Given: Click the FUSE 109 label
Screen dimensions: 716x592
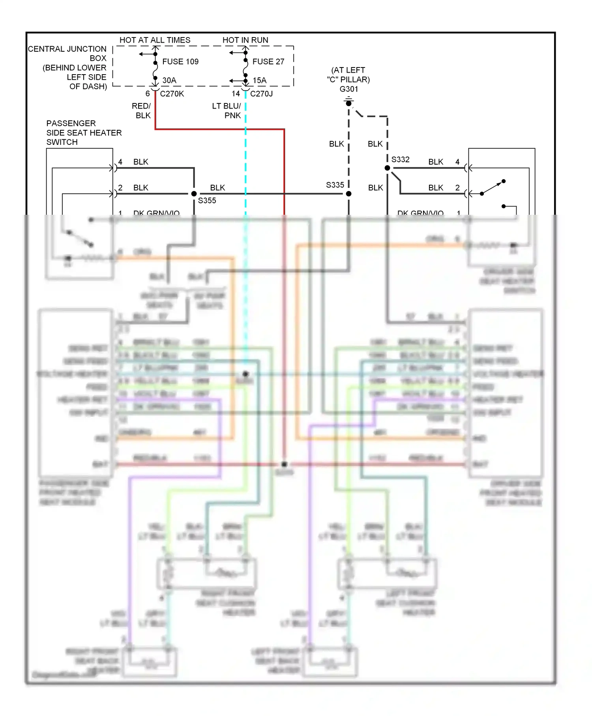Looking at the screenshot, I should pos(180,62).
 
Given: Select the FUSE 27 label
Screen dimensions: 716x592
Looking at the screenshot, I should pos(268,62).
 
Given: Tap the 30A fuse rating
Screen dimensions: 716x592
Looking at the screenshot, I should pos(169,81).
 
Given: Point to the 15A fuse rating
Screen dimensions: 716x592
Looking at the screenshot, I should pos(260,81).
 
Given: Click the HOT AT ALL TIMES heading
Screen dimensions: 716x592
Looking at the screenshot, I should pos(155,40).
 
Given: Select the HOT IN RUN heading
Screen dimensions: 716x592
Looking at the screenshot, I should pos(245,40).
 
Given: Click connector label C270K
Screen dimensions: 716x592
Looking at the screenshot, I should pos(172,94).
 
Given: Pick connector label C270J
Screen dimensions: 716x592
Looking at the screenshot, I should pos(262,94).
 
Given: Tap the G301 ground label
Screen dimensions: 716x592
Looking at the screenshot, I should pos(348,89).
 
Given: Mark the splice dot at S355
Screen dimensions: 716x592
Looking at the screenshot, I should pos(194,194).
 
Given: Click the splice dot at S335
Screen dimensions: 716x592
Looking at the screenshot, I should pos(348,194).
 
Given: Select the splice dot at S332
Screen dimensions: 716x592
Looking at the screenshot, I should pos(387,168).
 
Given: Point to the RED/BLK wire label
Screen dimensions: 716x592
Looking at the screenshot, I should pos(141,111).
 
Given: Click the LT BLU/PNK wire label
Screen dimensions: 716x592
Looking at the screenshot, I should pos(227,111).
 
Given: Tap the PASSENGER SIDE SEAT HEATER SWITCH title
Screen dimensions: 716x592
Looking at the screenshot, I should pos(84,133).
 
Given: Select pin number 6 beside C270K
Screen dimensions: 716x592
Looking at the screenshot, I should pos(148,94).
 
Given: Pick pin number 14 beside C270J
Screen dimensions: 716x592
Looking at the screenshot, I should pos(236,94).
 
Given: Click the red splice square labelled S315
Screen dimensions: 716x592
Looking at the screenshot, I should pos(284,464).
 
